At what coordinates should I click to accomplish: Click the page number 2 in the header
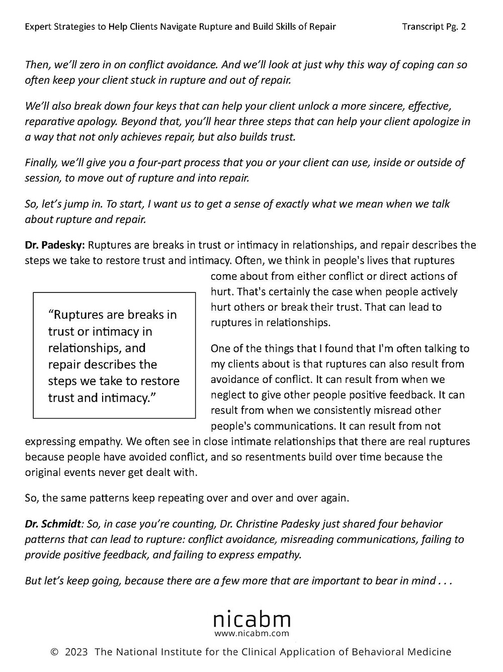pyautogui.click(x=463, y=27)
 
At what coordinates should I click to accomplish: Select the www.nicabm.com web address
pyautogui.click(x=252, y=633)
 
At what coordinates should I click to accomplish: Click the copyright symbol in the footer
pyautogui.click(x=55, y=652)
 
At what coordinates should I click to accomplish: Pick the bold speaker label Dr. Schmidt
pyautogui.click(x=53, y=524)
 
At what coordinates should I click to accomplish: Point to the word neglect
pyautogui.click(x=228, y=395)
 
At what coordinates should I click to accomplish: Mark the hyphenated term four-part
pyautogui.click(x=134, y=163)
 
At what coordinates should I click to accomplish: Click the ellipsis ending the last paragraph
pyautogui.click(x=446, y=581)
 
